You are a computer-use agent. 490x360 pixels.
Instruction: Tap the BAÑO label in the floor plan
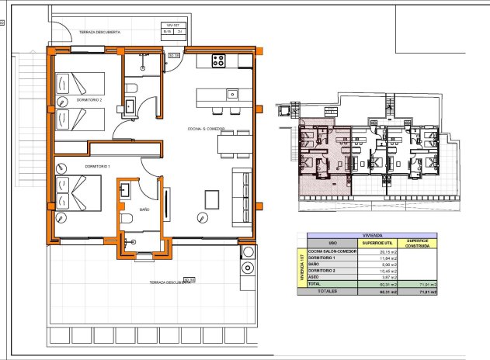144,209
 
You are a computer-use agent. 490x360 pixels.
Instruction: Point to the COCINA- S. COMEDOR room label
206,129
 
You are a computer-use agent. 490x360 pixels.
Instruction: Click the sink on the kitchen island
232,95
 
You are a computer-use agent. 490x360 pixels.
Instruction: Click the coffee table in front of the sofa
211,198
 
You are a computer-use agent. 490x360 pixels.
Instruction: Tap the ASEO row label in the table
314,277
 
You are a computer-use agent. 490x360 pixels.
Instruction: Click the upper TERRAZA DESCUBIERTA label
99,32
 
